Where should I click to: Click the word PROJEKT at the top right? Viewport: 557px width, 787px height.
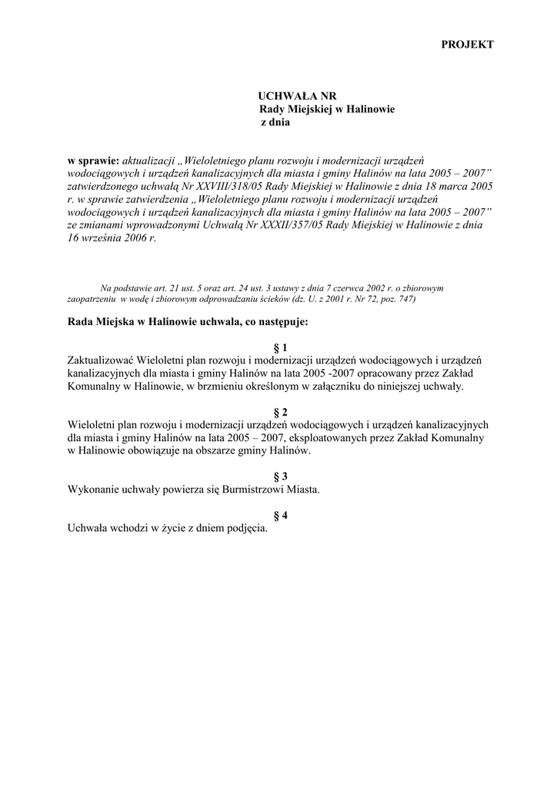[x=467, y=45]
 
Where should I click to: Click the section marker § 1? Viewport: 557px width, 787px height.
[x=279, y=347]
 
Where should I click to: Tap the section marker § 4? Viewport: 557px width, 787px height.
[x=279, y=516]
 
